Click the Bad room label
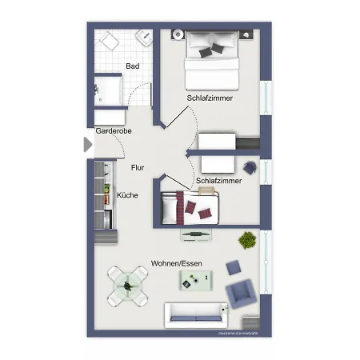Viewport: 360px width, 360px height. tap(134, 67)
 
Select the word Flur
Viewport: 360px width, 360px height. tap(138, 168)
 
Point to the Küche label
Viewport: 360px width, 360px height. tap(127, 194)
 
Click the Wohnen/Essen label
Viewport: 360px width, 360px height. tap(177, 263)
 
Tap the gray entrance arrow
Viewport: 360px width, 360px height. tap(88, 145)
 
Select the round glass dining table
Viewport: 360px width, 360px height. tap(129, 286)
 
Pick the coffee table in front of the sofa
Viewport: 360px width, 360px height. tap(197, 280)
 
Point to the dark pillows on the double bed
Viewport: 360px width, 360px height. tap(211, 50)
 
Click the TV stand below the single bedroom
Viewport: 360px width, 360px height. tap(196, 234)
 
